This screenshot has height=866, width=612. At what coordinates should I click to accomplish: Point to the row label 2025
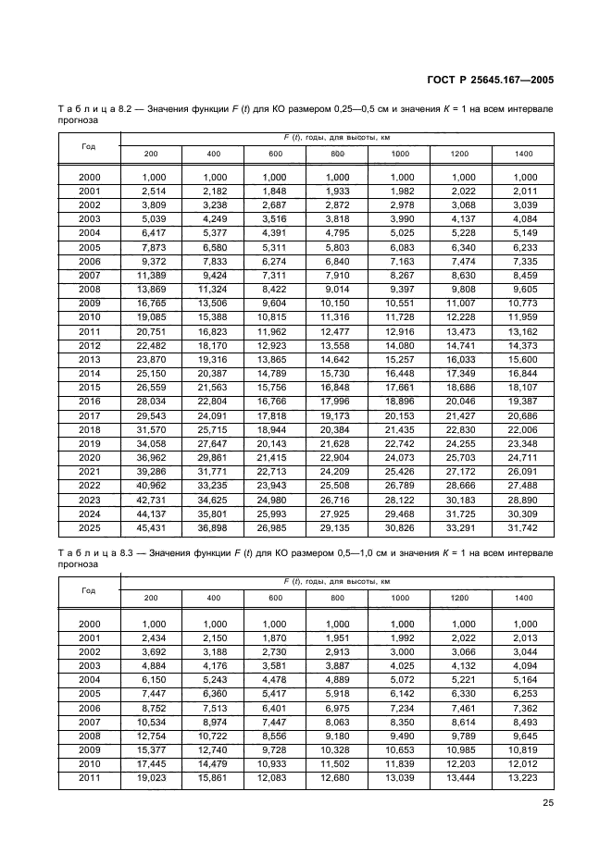tap(90, 529)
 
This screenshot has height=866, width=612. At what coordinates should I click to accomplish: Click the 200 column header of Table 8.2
tap(151, 153)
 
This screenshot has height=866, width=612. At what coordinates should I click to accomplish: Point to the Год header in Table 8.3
tap(88, 589)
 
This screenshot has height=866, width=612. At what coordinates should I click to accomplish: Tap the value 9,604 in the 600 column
tap(276, 303)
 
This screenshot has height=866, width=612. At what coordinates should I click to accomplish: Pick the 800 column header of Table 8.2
tap(337, 153)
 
